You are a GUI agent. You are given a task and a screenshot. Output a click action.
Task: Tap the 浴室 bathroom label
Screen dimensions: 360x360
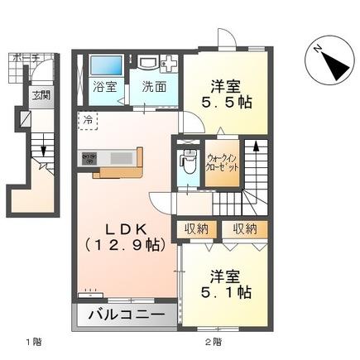[x=103, y=86]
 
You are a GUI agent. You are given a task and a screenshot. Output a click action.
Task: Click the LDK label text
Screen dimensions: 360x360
[x=125, y=226]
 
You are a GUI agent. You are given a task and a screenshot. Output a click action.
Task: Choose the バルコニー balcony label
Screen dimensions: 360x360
[x=127, y=315]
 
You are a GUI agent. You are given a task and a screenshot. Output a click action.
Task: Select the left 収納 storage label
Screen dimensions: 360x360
[x=195, y=229]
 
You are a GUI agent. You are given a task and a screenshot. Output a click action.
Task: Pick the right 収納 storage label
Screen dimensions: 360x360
[x=245, y=229]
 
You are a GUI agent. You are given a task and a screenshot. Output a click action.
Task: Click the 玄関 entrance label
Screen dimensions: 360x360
[x=41, y=94]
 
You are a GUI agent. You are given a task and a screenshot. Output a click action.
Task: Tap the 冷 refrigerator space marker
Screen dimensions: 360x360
[x=88, y=120]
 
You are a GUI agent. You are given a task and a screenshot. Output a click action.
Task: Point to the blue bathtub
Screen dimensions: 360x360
[x=105, y=65]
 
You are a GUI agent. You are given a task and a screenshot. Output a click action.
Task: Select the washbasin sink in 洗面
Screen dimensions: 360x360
[x=149, y=64]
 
